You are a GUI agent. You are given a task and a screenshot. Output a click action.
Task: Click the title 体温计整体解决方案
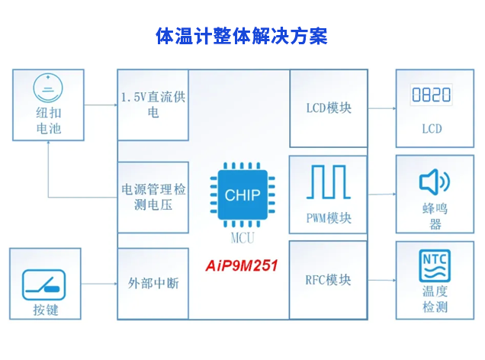pos(242,37)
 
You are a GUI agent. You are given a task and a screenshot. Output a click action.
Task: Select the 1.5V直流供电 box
pos(152,105)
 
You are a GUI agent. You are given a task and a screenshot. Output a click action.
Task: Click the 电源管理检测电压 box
pos(152,197)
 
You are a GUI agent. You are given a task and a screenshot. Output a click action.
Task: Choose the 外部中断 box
pos(152,283)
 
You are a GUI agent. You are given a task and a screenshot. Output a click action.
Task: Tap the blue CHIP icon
pos(242,196)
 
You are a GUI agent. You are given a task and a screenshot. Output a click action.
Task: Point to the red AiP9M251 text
pos(242,266)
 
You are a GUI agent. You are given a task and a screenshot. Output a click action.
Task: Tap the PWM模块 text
pos(329,218)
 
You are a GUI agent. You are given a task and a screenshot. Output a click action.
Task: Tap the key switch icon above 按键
pos(46,281)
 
